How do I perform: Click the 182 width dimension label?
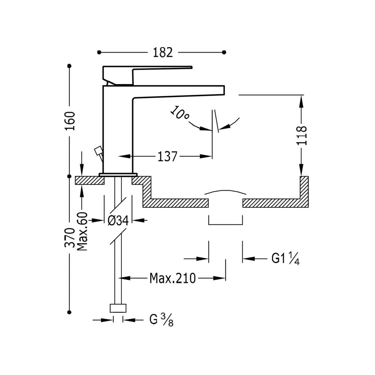(x=163, y=52)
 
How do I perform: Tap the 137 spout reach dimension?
(x=167, y=156)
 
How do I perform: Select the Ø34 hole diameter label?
(x=118, y=221)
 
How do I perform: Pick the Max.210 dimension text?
(x=172, y=277)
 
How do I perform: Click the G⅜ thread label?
(x=161, y=320)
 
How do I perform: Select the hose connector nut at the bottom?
(x=118, y=308)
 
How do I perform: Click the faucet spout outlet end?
(x=220, y=90)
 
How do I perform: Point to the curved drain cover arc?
(x=225, y=192)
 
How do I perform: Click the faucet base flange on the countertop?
(x=118, y=174)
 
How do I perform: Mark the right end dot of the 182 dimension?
(x=224, y=52)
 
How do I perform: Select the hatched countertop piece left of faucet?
(x=90, y=181)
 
